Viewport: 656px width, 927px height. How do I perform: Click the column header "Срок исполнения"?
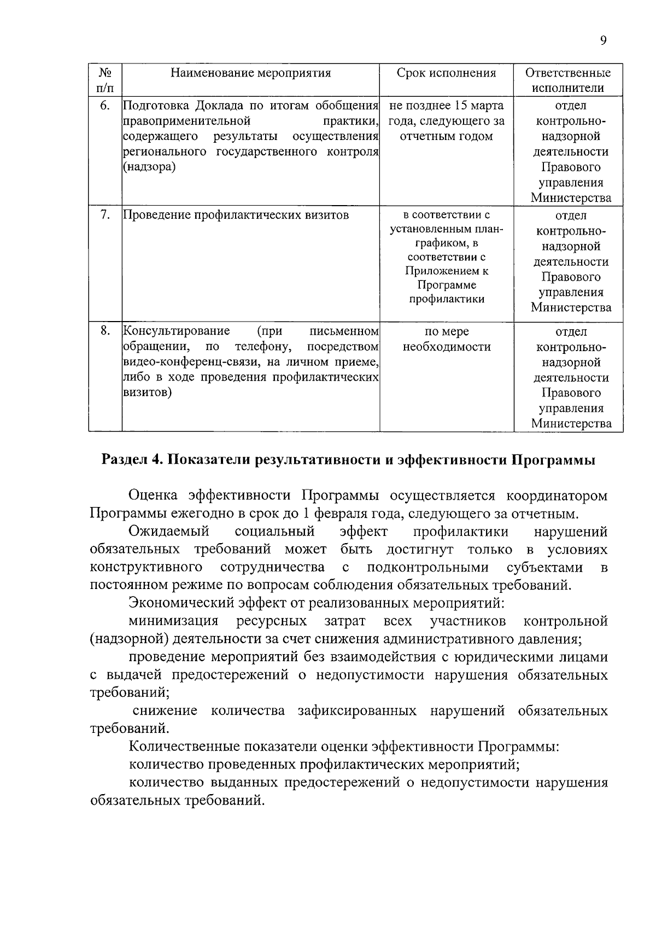click(x=446, y=73)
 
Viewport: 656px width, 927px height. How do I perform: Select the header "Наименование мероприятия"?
click(x=250, y=73)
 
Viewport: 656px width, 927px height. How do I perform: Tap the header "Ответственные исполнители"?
click(x=568, y=80)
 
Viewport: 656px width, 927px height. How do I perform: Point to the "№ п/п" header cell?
click(x=105, y=80)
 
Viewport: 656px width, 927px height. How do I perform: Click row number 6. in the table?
click(x=105, y=106)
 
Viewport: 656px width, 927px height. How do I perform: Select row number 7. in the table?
click(x=105, y=215)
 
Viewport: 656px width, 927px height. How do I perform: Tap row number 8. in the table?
click(x=105, y=331)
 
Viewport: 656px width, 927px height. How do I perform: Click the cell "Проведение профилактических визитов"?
click(x=236, y=215)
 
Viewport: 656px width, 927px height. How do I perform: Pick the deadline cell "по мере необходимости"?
click(x=447, y=339)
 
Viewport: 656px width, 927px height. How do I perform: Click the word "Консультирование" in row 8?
click(x=176, y=331)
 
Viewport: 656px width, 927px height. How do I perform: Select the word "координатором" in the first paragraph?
click(x=557, y=495)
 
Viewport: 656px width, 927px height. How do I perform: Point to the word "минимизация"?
click(x=173, y=621)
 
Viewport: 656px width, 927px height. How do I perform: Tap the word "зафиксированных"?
click(x=357, y=711)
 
